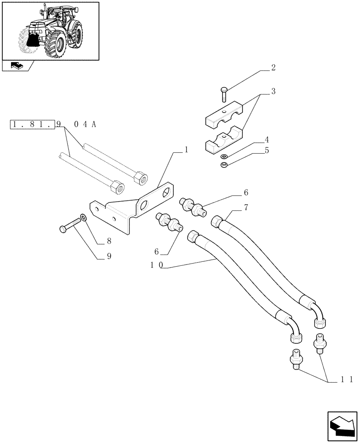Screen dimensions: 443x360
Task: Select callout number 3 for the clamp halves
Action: [x=274, y=92]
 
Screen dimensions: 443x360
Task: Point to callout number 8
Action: [x=109, y=242]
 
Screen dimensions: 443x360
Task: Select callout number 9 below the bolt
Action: [x=109, y=256]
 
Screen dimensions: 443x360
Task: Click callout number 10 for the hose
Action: [x=157, y=265]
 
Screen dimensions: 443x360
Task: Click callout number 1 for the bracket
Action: [x=186, y=150]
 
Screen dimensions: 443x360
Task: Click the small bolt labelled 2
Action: [x=223, y=94]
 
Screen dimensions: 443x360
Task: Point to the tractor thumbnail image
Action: [x=50, y=31]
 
